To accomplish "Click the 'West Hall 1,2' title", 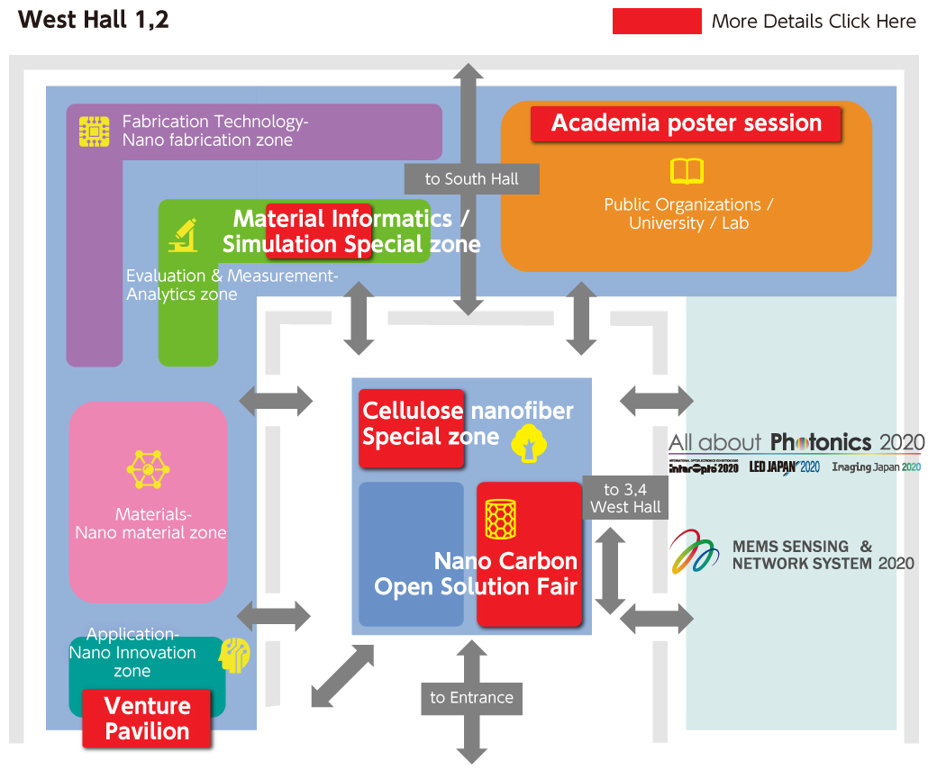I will pos(94,20).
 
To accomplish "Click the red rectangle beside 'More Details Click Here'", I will pos(656,21).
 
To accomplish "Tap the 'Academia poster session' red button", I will pos(686,124).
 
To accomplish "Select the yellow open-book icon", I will pos(687,171).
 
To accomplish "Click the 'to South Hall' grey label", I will pos(471,178).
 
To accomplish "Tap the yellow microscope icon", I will pos(184,235).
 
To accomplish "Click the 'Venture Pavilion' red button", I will pos(147,718).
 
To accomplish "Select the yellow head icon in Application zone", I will pos(234,654).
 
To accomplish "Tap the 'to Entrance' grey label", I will pos(471,697).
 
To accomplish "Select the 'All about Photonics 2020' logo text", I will pos(796,442).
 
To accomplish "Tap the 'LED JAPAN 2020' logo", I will pos(784,466).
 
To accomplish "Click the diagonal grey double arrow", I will pos(341,676).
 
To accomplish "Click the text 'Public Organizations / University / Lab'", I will pos(688,213).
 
